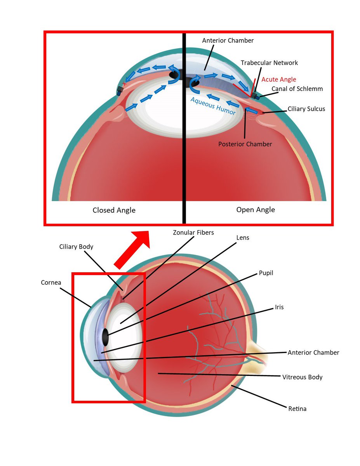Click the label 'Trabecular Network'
[x=269, y=63]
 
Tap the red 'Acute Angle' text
[x=278, y=80]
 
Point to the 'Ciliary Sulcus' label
[x=306, y=109]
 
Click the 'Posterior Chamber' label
[x=245, y=144]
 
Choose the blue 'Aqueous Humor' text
[x=213, y=106]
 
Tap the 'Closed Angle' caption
[x=114, y=210]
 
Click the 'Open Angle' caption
[x=256, y=210]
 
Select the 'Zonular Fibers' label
[x=193, y=233]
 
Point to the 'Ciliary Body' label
[x=76, y=247]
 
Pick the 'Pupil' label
[x=266, y=273]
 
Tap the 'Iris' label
[x=279, y=307]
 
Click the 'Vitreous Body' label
[x=302, y=377]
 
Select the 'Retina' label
[x=297, y=409]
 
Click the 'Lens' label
[x=242, y=237]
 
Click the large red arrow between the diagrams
[x=132, y=249]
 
